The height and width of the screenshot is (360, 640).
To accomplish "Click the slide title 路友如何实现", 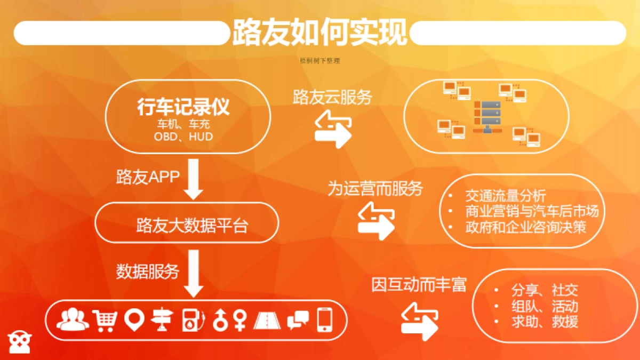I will click(x=319, y=33).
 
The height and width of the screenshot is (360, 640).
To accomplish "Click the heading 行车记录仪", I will click(x=183, y=107).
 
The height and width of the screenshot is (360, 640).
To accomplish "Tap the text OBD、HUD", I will click(x=183, y=137).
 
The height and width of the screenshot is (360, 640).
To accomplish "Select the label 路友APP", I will click(x=148, y=177).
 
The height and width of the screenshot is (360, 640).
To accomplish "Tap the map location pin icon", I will click(x=134, y=320).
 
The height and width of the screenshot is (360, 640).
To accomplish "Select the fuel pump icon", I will click(x=193, y=320).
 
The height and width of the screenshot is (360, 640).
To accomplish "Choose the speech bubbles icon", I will click(x=298, y=320).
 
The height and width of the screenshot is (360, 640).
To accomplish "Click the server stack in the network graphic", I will click(x=486, y=116).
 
